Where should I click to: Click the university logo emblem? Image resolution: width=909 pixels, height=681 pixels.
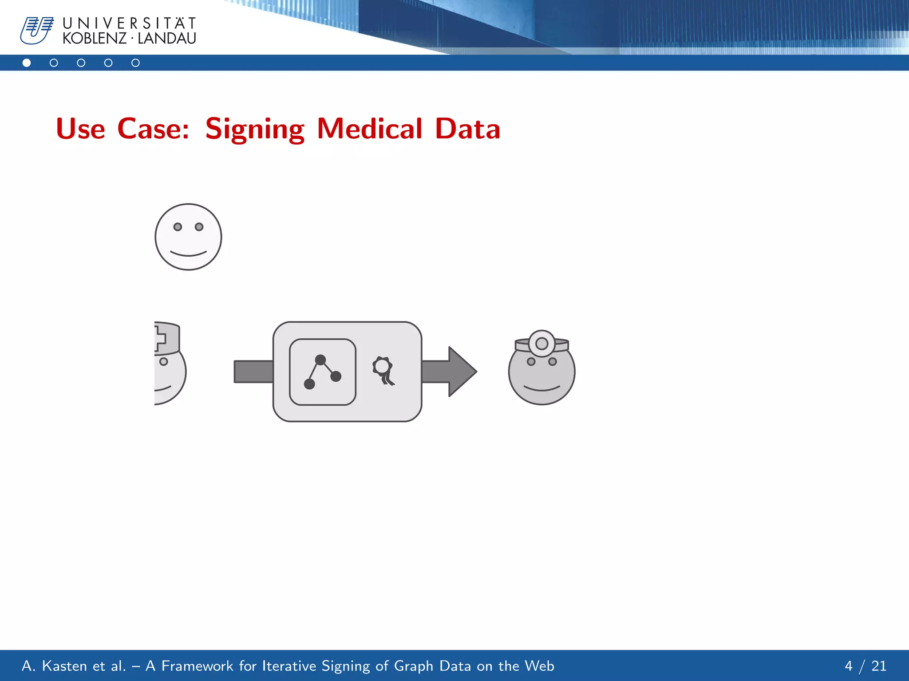click(36, 30)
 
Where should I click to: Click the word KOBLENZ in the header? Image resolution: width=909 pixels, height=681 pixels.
click(95, 39)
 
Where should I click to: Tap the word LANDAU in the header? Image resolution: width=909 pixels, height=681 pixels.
click(167, 39)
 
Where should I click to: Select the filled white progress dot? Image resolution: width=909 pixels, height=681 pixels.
click(27, 63)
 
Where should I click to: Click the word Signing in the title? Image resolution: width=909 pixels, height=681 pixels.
click(255, 129)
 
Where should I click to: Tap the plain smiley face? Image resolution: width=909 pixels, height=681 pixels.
click(188, 237)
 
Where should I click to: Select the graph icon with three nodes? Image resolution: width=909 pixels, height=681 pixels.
click(323, 372)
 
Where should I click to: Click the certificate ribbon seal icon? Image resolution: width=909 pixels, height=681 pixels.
click(383, 370)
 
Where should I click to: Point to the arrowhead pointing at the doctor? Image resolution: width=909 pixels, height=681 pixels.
click(462, 371)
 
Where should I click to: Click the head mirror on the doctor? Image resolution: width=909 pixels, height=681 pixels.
click(541, 344)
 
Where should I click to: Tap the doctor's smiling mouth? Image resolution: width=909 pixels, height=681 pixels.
click(541, 389)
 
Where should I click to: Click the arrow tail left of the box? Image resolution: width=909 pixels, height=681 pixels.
click(253, 372)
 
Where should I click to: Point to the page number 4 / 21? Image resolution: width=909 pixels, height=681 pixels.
click(865, 666)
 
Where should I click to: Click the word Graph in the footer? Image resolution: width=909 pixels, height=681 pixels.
click(413, 666)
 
